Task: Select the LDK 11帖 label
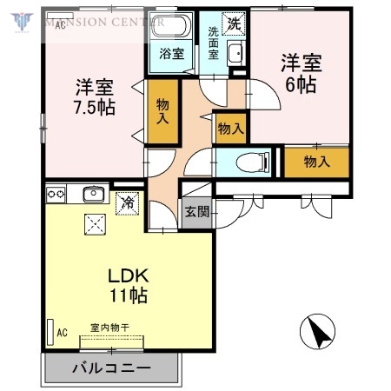point(128,285)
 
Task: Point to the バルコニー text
point(110,368)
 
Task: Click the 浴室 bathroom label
point(171,54)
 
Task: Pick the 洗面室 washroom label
point(213,43)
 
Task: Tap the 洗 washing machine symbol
point(233,23)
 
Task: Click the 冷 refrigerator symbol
point(128,202)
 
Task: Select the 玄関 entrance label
point(195,212)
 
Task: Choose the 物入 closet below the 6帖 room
point(316,161)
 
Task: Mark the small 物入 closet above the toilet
point(230,129)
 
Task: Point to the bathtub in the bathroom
point(172,27)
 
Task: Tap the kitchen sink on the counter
point(93,193)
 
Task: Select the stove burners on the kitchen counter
point(57,193)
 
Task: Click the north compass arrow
point(317,331)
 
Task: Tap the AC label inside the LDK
point(62,332)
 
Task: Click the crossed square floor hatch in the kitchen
point(93,224)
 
